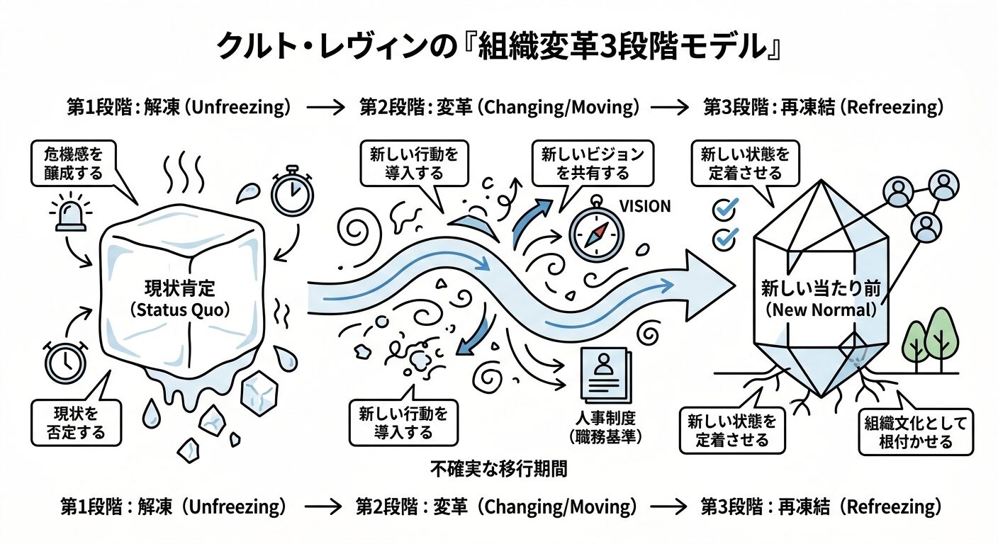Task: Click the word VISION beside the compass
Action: click(x=645, y=206)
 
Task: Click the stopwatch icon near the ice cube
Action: click(x=293, y=191)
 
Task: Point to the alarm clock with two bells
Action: click(x=65, y=362)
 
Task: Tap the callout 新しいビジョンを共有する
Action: click(x=593, y=164)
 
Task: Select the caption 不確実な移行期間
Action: click(x=499, y=468)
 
